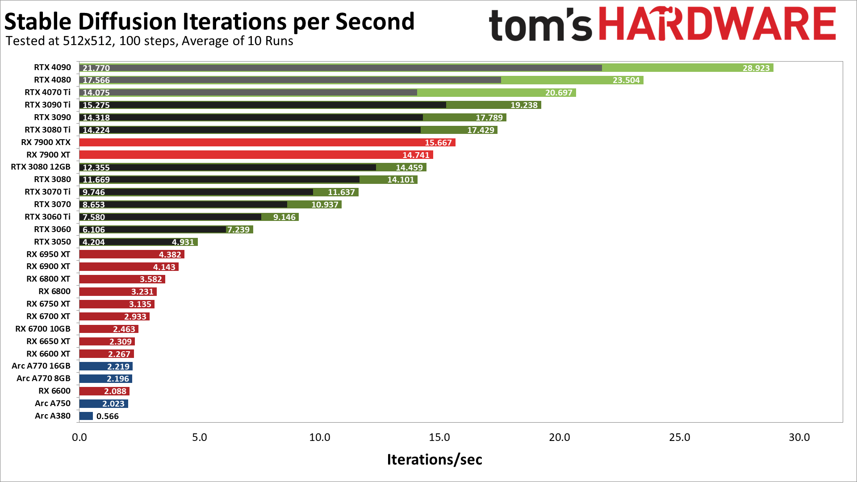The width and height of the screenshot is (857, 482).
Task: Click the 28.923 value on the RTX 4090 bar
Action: pos(756,68)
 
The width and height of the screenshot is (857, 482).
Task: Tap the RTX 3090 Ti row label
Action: pos(47,105)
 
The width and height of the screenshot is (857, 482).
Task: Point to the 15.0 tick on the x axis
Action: pos(439,437)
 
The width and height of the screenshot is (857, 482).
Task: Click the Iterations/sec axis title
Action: pos(434,459)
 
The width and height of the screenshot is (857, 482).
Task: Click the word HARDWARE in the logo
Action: pos(717,24)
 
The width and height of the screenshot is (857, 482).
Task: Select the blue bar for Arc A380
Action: pos(86,416)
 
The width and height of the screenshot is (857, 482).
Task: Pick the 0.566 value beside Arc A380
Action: pos(108,416)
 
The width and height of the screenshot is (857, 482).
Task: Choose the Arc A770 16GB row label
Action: pos(41,366)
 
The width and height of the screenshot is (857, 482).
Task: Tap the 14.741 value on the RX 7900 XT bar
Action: pos(415,155)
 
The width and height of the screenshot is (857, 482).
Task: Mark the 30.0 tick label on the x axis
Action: pos(799,437)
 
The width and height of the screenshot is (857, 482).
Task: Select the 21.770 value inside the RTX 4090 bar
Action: pos(96,68)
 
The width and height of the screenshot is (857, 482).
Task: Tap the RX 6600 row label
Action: pos(54,391)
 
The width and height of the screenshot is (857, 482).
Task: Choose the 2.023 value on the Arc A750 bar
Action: pos(113,404)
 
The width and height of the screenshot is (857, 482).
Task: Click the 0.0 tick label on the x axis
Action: pos(79,437)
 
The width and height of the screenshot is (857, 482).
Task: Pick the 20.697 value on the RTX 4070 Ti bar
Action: pos(558,93)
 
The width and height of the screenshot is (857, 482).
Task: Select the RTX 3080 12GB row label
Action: pos(41,167)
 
